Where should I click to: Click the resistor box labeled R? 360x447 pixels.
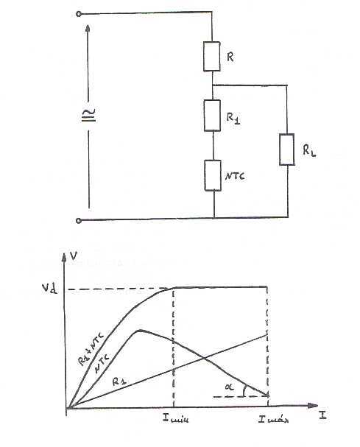point(212,57)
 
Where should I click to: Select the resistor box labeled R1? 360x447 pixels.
point(212,116)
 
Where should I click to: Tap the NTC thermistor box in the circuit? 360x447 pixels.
point(213,175)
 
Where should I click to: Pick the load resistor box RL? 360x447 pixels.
point(286,149)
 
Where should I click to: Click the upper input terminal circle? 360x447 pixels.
point(79,14)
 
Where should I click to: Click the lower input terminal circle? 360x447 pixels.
point(79,220)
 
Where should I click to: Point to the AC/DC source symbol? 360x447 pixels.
point(88,115)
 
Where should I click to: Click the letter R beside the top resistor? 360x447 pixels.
point(230,57)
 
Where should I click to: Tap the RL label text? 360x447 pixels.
point(309,150)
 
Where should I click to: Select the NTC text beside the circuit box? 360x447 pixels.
point(235,176)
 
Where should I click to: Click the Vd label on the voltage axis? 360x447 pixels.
point(50,289)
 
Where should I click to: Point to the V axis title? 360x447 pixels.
point(74,256)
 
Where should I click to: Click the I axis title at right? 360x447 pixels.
point(322,415)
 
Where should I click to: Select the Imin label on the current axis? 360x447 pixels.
point(175,418)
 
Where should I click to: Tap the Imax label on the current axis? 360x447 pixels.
point(273,419)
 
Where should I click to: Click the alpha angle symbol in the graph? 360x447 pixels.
point(229,387)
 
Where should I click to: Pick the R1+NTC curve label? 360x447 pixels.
point(91,348)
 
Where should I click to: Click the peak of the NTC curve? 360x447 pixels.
point(140,330)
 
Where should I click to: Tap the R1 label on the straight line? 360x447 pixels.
point(119,381)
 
